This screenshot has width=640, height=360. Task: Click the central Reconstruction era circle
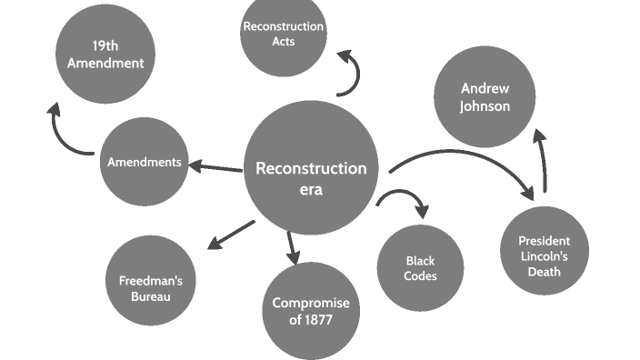(311, 168)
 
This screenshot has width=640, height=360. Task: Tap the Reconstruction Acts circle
(283, 36)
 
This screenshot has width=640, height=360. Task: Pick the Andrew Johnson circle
(485, 97)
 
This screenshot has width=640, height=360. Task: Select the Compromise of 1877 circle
(311, 311)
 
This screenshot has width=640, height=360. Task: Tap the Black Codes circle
(420, 268)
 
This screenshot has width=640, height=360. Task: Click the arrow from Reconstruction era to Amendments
(215, 166)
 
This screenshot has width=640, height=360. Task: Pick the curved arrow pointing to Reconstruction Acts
(351, 73)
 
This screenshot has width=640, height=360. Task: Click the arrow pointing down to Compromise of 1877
(291, 247)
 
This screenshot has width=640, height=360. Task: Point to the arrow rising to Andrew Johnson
(543, 159)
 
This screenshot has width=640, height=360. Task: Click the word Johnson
(485, 106)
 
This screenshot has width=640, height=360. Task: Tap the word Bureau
(151, 295)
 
